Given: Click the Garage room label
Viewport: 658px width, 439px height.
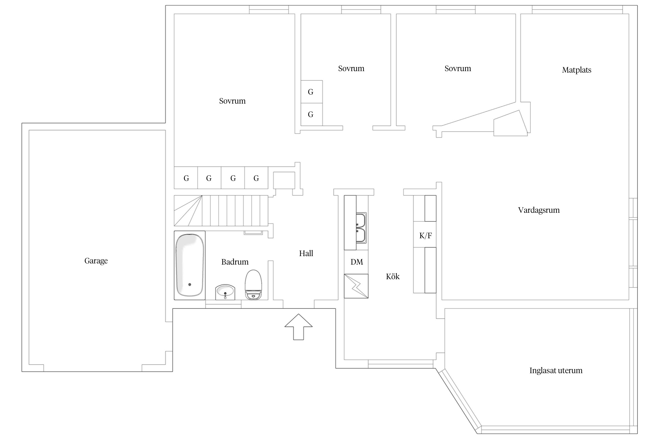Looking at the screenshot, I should (x=96, y=261).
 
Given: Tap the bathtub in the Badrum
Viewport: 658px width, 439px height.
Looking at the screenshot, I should (x=190, y=265).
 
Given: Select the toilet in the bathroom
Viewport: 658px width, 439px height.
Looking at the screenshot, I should (x=253, y=284).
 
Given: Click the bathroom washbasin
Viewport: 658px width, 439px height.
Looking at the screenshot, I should (x=225, y=292).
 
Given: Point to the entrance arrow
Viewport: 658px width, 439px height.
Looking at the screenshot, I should (x=298, y=327).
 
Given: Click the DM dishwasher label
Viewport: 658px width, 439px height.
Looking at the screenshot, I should (x=356, y=262).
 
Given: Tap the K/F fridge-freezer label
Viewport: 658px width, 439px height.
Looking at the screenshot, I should (x=425, y=236).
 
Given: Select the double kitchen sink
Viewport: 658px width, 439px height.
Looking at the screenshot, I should (x=361, y=228).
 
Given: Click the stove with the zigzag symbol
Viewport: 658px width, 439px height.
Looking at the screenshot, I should (x=356, y=286).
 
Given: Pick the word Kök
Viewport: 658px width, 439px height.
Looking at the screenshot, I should (x=392, y=277).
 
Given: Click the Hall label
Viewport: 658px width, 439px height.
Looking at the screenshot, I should (x=306, y=253).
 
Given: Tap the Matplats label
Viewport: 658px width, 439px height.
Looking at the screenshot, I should (x=576, y=70).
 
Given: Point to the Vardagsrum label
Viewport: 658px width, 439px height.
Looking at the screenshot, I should (x=539, y=210).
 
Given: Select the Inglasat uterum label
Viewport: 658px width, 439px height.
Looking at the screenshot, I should (x=556, y=371).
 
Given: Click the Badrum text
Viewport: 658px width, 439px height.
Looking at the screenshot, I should (x=235, y=262).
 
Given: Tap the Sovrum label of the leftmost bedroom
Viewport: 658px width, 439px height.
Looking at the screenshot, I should (x=232, y=101).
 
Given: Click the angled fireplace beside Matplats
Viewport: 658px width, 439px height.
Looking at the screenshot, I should (x=510, y=124).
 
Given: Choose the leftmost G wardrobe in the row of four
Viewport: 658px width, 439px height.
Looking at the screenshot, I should (x=186, y=178).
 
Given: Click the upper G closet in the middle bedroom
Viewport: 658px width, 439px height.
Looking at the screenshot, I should (x=311, y=92).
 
